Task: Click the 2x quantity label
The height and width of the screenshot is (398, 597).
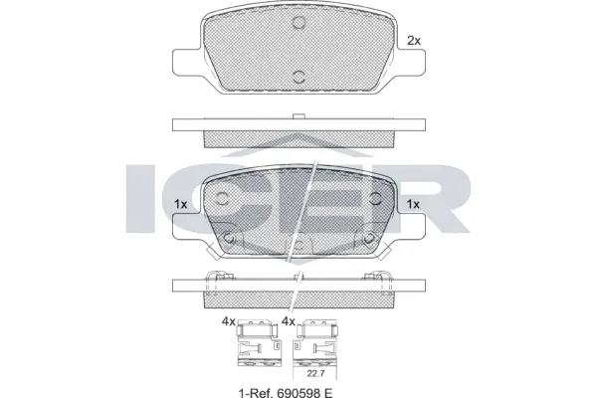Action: coord(415,42)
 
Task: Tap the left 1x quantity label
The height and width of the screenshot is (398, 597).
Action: coord(181,204)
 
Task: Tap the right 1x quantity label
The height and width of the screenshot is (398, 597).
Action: coord(414,204)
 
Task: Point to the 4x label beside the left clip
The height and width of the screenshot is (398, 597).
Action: coord(228,321)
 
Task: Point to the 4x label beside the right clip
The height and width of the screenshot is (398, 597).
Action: coord(289,321)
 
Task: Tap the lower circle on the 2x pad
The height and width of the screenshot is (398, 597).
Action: coord(298,75)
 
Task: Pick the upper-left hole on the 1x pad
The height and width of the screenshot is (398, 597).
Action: coord(222,198)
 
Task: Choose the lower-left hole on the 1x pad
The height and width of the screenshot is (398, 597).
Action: coord(230,237)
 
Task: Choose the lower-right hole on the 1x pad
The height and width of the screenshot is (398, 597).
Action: coord(366,237)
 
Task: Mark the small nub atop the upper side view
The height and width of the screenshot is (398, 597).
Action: coord(298,117)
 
